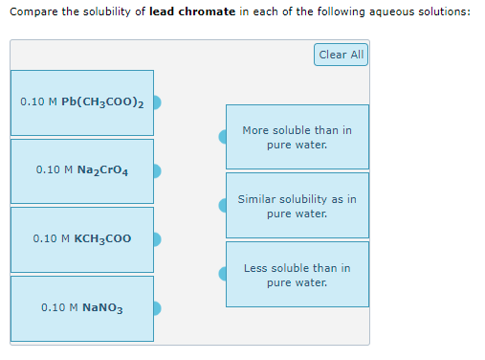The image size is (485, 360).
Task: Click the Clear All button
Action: pyautogui.click(x=341, y=55)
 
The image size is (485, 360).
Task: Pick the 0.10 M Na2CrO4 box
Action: pyautogui.click(x=82, y=170)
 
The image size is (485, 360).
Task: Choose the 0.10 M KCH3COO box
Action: pyautogui.click(x=82, y=239)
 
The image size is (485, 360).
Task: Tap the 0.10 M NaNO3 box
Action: pyautogui.click(x=82, y=308)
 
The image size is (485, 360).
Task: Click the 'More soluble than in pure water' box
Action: pyautogui.click(x=298, y=137)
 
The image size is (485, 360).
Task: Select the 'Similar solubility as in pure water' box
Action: pyautogui.click(x=298, y=206)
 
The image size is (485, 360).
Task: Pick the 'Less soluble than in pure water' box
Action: pyautogui.click(x=298, y=275)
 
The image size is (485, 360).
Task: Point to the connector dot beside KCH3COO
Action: pyautogui.click(x=157, y=239)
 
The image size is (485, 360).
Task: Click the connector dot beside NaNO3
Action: pyautogui.click(x=157, y=308)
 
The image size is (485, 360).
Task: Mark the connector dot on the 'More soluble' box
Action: pyautogui.click(x=223, y=137)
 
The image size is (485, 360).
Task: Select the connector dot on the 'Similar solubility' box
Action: pyautogui.click(x=223, y=206)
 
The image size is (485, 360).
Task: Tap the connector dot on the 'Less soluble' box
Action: pyautogui.click(x=223, y=275)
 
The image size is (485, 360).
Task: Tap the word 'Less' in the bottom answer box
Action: pyautogui.click(x=255, y=268)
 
